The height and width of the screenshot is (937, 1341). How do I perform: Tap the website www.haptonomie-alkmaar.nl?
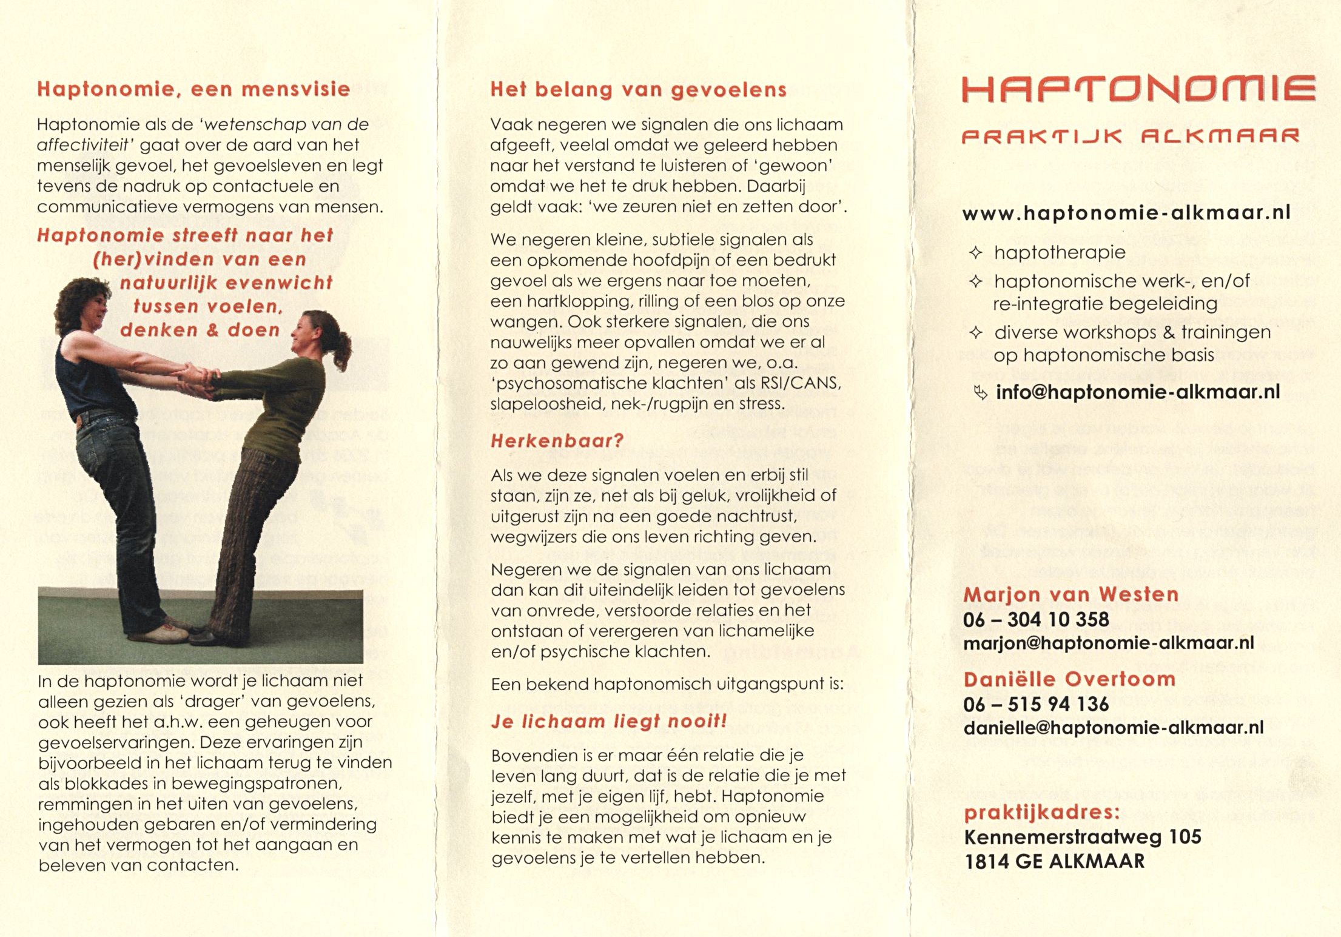coord(1126,213)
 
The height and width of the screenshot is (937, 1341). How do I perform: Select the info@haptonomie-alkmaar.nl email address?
coord(1137,392)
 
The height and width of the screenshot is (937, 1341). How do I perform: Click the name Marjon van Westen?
coord(1070,594)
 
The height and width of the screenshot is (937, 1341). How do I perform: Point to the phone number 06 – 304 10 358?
coord(1036,619)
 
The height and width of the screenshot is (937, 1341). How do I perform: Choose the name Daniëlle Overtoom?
coord(1069,679)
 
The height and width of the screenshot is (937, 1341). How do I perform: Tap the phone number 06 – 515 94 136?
coord(1036,704)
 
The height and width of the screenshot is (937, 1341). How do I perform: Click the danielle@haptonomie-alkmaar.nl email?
coord(1113,727)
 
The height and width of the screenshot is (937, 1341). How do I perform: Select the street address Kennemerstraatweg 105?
coord(1083,837)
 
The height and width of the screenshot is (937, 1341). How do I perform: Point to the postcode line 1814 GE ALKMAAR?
coord(1054,861)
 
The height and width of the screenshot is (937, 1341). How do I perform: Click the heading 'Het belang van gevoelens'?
coord(638,90)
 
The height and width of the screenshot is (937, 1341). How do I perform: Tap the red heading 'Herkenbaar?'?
coord(557,441)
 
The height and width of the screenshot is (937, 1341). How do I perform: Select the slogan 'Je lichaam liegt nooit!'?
coord(608,721)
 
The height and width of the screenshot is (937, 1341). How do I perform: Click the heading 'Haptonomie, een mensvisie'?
coord(193,89)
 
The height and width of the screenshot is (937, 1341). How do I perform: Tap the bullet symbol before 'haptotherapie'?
coord(975,252)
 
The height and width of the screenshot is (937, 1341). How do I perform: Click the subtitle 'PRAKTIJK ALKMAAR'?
coord(1130,136)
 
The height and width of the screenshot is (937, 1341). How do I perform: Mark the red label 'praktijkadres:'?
coord(1041,812)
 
